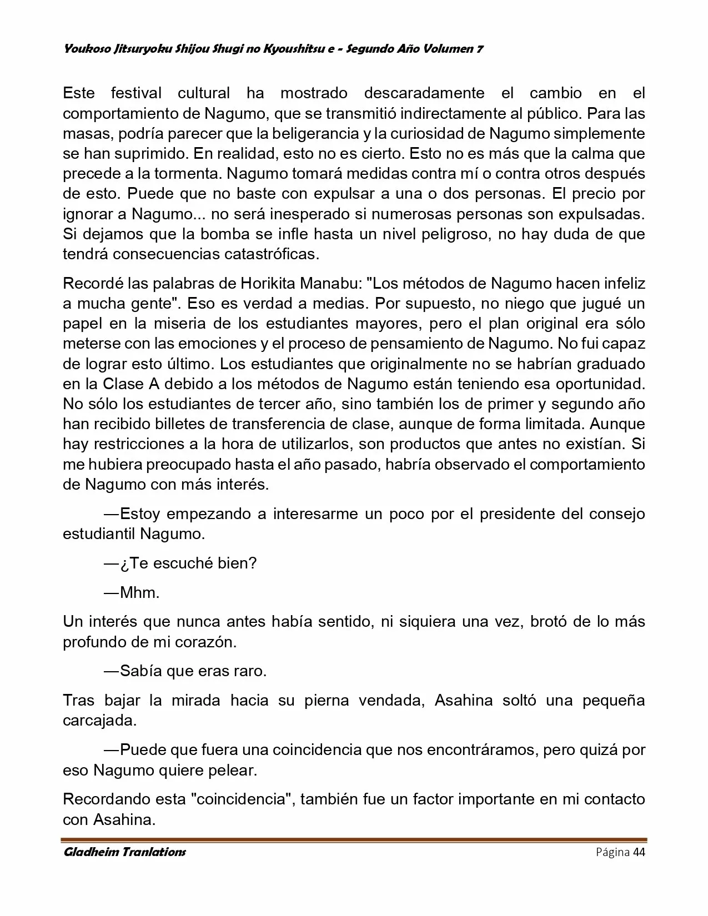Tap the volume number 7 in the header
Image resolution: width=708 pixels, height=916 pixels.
click(479, 49)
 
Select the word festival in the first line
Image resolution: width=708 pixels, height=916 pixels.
click(136, 93)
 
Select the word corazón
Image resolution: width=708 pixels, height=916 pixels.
click(204, 642)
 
